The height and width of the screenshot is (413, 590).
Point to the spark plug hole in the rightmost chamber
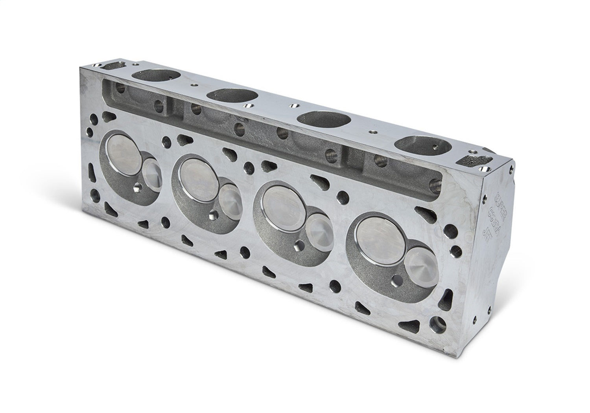(x=396, y=281)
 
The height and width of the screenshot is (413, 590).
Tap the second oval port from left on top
(x=232, y=95)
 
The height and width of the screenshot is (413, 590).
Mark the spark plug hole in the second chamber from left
(x=214, y=215)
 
